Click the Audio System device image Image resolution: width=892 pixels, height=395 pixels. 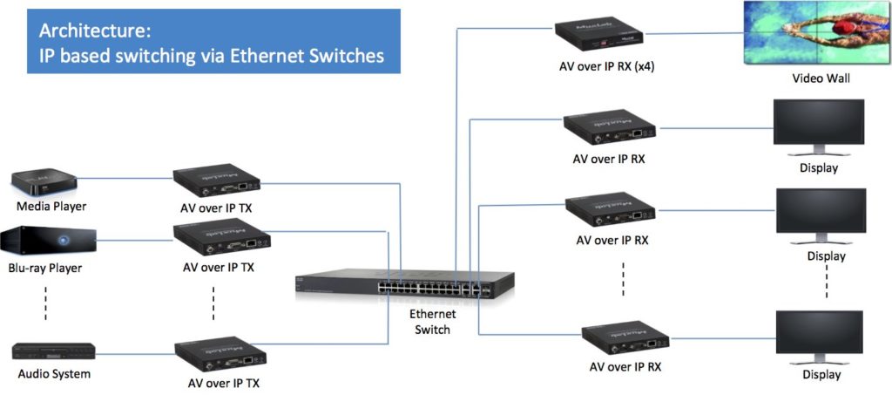tap(53, 351)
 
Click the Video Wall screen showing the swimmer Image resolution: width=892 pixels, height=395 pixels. tap(807, 33)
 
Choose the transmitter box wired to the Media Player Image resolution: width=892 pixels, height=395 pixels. tap(218, 180)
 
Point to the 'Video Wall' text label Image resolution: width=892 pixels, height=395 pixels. tap(820, 78)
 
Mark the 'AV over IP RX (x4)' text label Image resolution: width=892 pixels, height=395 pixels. tap(608, 66)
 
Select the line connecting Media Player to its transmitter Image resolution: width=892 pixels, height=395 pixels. tap(126, 180)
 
